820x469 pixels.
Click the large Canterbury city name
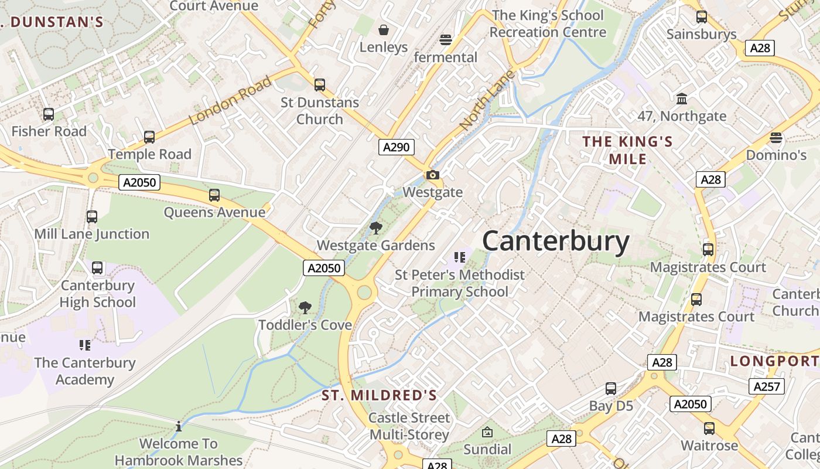coord(555,241)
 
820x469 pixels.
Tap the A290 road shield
coord(395,147)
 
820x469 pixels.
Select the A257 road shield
coord(766,386)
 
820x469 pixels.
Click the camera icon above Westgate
coord(433,175)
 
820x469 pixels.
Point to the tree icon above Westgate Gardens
coord(375,228)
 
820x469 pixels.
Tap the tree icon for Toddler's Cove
coord(305,307)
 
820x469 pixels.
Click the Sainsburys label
coord(701,34)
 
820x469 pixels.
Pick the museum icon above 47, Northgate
coord(682,98)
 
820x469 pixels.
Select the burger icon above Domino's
coord(776,138)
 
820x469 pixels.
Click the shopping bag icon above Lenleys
coord(384,29)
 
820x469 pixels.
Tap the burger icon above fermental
coord(446,40)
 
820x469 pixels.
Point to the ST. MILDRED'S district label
coord(379,396)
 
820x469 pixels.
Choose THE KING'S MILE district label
coord(627,150)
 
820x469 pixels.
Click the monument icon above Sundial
coord(487,433)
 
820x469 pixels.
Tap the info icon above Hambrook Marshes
coord(179,426)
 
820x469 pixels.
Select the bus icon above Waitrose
coord(709,429)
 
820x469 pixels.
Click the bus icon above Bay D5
coord(611,388)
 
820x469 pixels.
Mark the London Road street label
coord(231,101)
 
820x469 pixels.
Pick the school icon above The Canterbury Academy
coord(85,345)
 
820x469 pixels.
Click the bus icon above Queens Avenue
coord(214,195)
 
